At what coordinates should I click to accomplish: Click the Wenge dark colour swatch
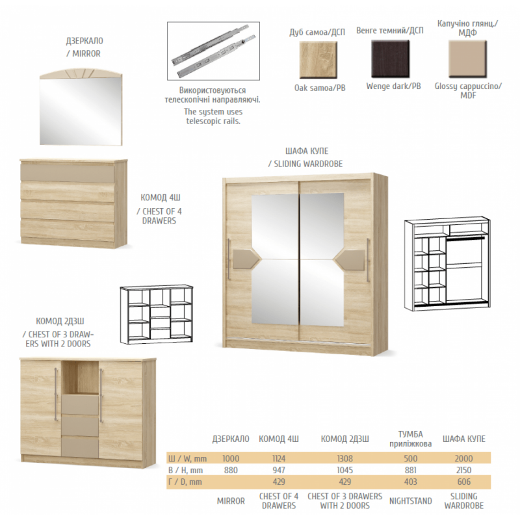390,59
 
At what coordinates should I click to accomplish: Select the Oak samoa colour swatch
318,60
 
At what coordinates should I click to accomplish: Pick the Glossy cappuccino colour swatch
467,59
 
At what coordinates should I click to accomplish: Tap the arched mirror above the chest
81,107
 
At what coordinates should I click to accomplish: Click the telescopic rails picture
213,51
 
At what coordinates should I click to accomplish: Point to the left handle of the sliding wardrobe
229,259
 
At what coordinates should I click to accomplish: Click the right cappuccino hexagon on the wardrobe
350,259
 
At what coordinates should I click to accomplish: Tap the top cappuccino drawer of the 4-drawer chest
68,172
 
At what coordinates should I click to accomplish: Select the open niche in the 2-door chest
80,377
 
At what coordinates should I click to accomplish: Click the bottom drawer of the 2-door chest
80,448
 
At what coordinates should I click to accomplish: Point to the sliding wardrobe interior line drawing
447,264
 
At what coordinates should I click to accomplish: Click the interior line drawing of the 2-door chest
157,314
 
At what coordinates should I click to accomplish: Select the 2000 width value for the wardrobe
463,458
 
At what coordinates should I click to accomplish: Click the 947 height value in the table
279,470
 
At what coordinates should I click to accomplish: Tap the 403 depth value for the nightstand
411,482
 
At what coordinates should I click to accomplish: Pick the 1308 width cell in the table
345,458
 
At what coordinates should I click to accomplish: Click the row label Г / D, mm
185,482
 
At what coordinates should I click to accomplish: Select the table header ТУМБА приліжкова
411,439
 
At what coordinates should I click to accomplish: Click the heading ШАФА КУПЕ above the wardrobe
307,151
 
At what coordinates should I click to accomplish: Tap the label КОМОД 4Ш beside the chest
161,198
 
